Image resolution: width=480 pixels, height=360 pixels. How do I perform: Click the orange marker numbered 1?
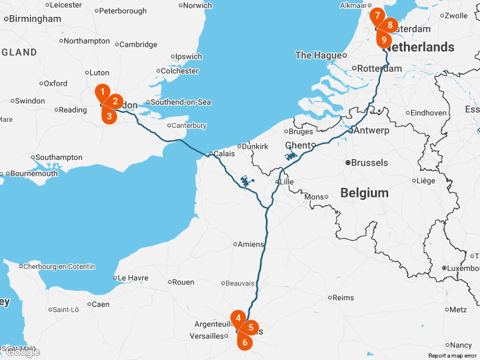click(x=103, y=92)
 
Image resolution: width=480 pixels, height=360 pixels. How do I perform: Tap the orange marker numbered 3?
click(x=109, y=116)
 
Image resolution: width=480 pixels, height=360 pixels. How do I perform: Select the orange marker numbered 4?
click(x=239, y=318)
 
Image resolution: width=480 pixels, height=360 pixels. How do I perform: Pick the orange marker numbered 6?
click(x=244, y=343)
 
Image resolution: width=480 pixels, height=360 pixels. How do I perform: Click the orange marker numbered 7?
click(x=376, y=15)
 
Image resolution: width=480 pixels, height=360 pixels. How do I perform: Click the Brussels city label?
click(x=369, y=163)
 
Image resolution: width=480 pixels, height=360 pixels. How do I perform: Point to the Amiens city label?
click(x=251, y=244)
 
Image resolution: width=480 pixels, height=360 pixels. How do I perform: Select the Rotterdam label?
click(x=379, y=68)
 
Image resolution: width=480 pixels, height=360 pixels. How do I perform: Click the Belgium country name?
click(x=364, y=193)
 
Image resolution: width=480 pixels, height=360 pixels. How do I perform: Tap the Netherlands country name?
click(x=424, y=47)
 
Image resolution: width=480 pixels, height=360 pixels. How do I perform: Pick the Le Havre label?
click(x=133, y=278)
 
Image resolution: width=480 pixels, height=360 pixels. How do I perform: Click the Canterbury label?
click(x=189, y=125)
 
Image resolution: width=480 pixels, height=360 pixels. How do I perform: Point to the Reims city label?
click(x=343, y=297)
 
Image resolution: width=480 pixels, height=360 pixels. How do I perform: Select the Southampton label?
click(x=59, y=157)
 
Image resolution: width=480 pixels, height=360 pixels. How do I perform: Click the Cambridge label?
click(x=138, y=44)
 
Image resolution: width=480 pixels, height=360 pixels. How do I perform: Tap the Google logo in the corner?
click(x=22, y=352)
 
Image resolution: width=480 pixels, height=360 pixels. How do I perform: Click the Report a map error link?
click(x=452, y=356)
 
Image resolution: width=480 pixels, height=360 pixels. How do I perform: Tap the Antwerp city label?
click(x=371, y=130)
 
